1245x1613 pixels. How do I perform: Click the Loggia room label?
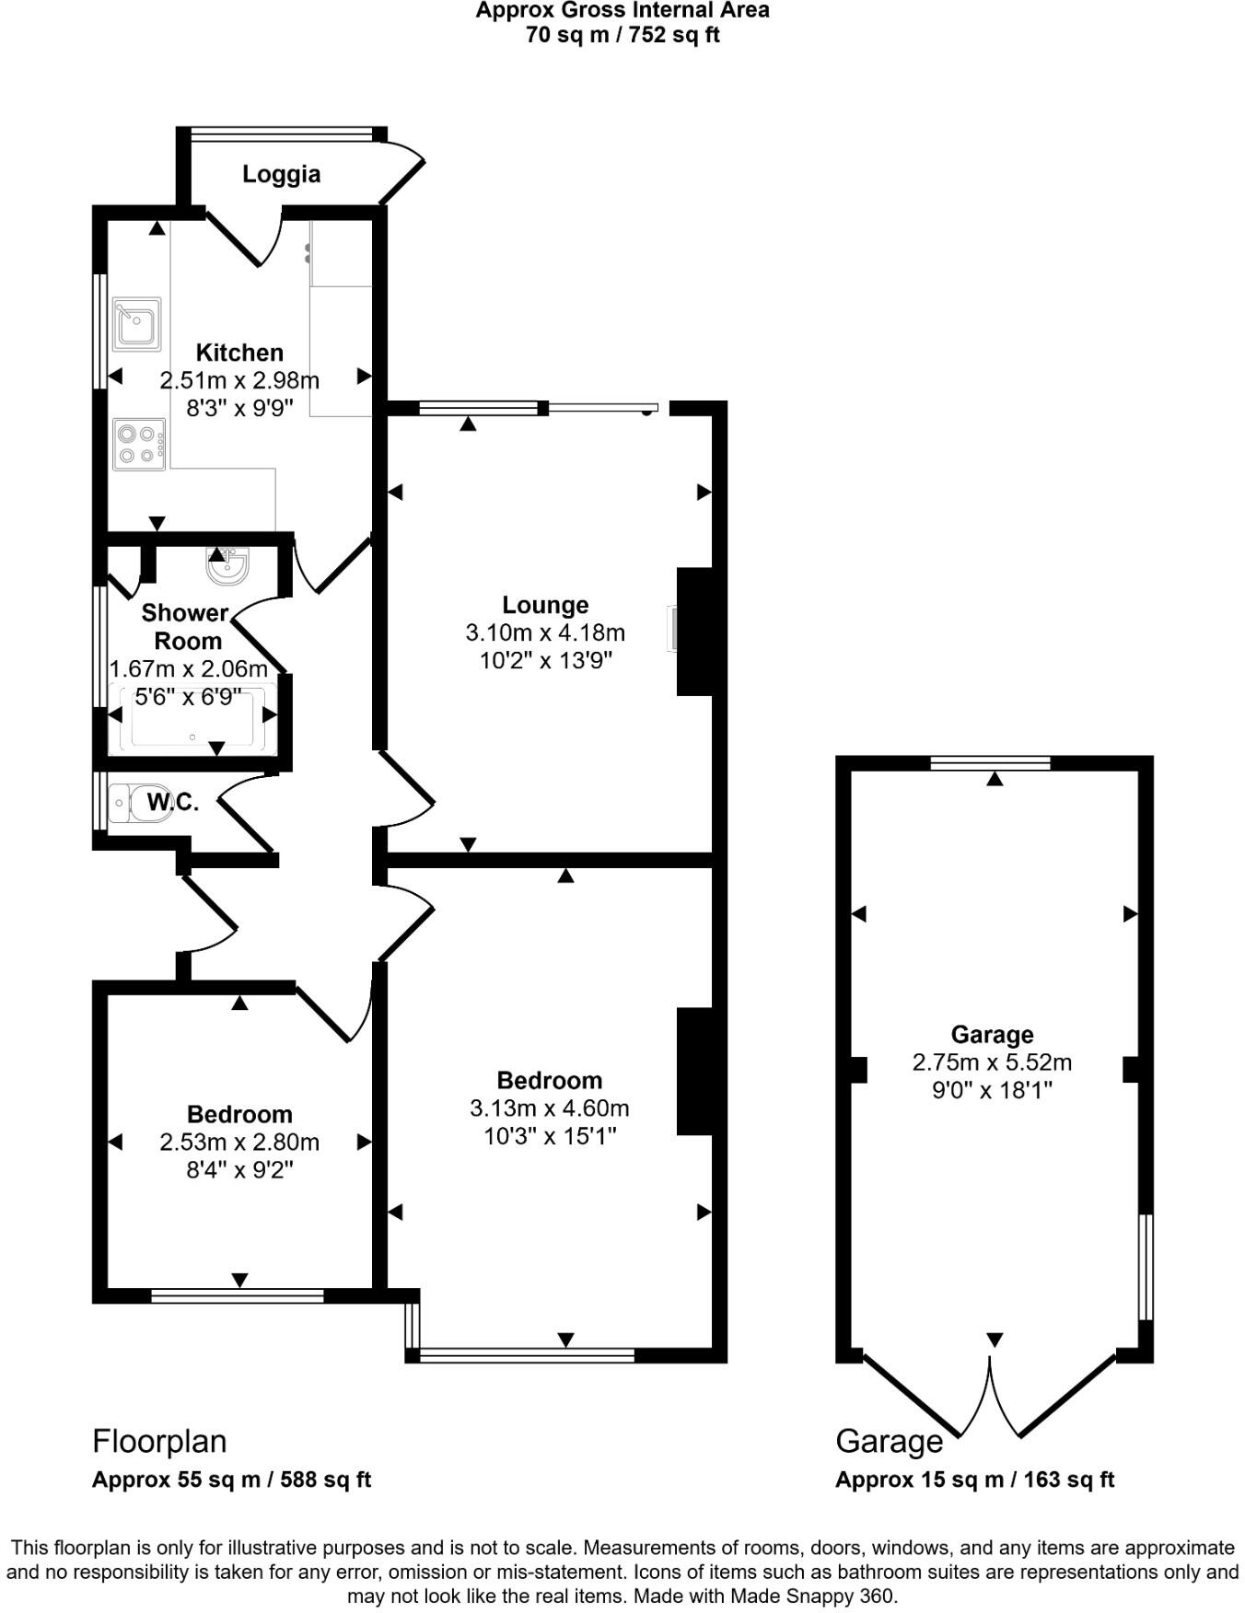click(x=281, y=174)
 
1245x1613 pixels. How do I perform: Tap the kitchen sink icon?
click(x=137, y=324)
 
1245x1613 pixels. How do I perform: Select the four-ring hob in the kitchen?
click(x=139, y=444)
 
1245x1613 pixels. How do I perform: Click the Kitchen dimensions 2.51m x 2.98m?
click(x=239, y=380)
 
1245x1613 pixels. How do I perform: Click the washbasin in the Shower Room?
click(x=227, y=566)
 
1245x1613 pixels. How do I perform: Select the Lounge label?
click(x=545, y=605)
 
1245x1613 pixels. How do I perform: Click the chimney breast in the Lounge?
click(x=696, y=631)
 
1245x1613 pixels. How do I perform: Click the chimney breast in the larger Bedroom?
click(x=696, y=1071)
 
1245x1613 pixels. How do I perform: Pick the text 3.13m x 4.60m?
click(x=549, y=1108)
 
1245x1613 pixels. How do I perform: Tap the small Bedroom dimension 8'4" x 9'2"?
click(x=239, y=1170)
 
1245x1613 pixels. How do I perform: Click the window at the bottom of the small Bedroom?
click(x=238, y=1296)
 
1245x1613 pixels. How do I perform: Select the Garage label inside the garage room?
click(x=992, y=1034)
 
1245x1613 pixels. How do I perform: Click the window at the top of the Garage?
click(x=990, y=762)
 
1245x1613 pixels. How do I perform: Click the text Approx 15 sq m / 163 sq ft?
click(x=974, y=1480)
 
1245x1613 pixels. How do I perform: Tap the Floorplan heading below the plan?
click(x=159, y=1441)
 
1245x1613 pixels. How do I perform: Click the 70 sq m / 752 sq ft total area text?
click(x=622, y=35)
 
